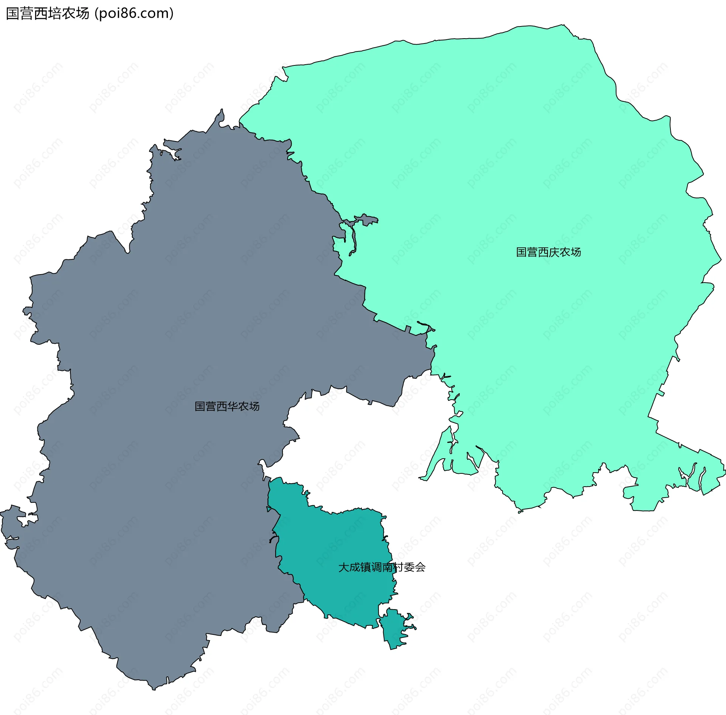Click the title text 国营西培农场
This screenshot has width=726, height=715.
[48, 14]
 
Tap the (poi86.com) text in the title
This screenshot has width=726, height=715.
[134, 14]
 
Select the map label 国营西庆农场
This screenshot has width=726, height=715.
[548, 252]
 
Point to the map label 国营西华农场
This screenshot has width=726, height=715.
[227, 406]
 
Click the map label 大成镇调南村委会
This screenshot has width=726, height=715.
[382, 567]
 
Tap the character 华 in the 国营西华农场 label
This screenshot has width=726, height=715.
[233, 406]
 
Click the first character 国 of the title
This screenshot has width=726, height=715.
[13, 14]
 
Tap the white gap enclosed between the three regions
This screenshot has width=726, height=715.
[363, 446]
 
